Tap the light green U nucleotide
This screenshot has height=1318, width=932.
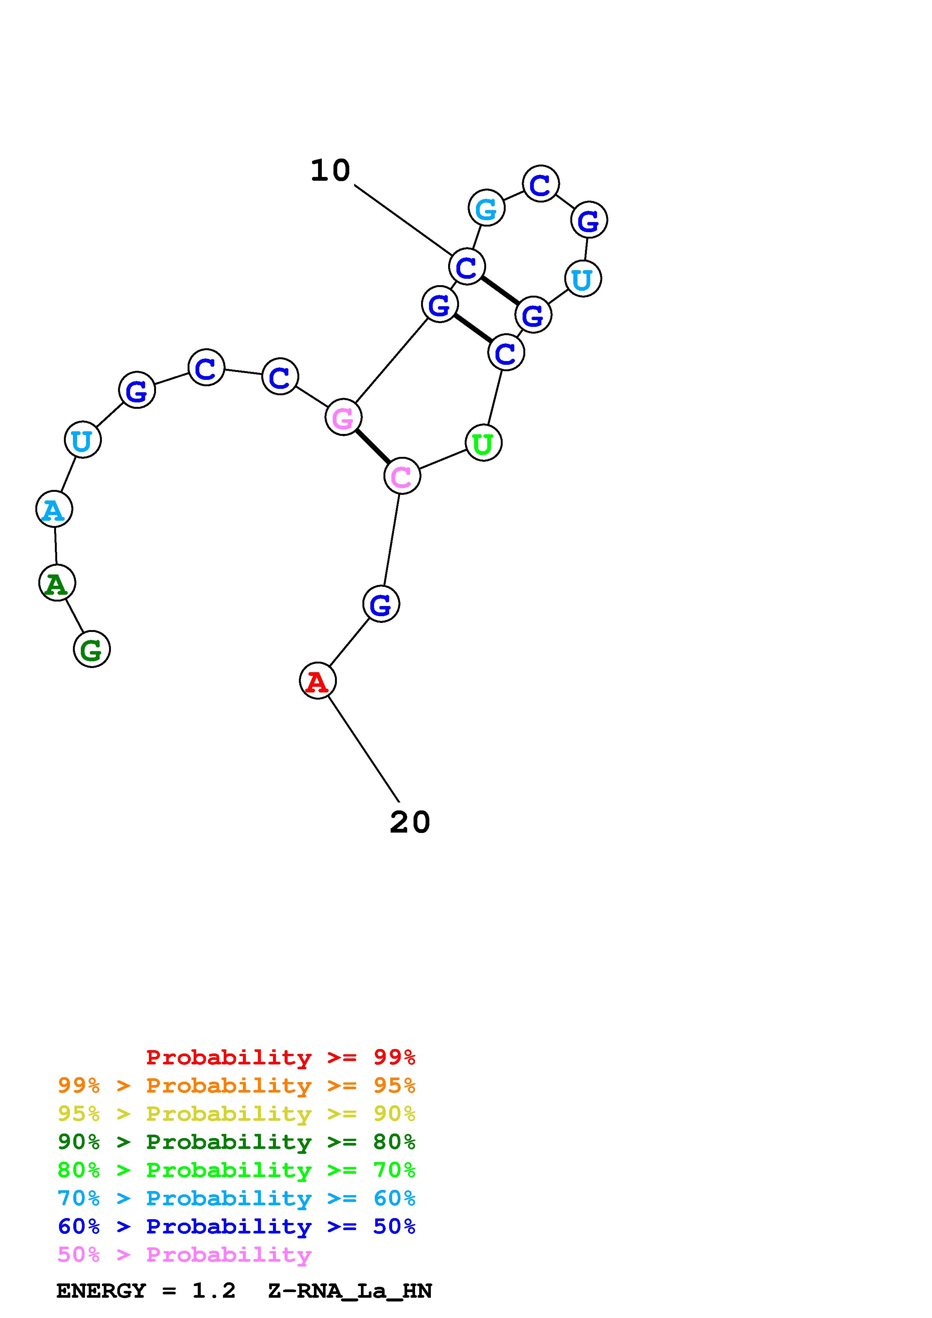coord(483,443)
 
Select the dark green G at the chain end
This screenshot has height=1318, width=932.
coord(91,649)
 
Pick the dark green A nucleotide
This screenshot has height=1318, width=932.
coord(57,583)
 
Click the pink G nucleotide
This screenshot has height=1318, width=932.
coord(343,417)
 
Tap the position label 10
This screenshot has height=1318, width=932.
coord(330,171)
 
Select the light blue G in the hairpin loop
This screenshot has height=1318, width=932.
coord(486,208)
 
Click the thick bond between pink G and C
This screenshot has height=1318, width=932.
coord(373,446)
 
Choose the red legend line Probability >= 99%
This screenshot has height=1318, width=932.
coord(280,1057)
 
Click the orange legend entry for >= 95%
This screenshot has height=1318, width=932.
coord(236,1085)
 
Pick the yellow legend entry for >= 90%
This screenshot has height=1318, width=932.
coord(236,1114)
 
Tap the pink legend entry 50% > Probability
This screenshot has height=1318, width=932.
coord(184,1255)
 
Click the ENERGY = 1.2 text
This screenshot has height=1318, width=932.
coord(146,1291)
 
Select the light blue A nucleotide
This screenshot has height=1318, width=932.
coord(54,509)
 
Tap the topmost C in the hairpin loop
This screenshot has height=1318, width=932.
coord(540,184)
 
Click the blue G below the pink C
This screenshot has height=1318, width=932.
coord(381,604)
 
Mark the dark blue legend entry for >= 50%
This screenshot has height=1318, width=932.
coord(236,1227)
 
